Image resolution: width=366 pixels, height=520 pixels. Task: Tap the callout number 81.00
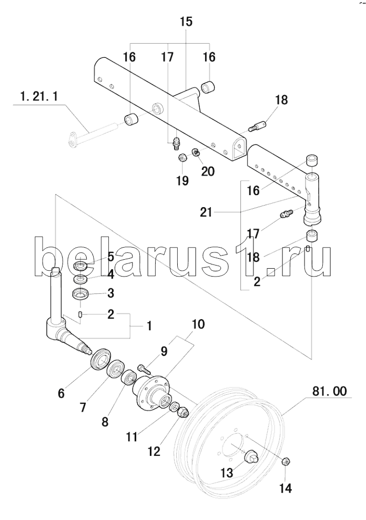click(329, 391)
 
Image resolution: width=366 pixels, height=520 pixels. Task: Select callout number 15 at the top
click(186, 22)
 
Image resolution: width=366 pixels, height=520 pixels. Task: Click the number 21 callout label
click(206, 212)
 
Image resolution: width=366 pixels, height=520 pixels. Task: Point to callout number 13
click(227, 473)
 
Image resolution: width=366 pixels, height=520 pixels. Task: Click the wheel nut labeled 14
click(287, 462)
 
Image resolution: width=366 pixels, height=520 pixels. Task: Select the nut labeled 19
click(183, 158)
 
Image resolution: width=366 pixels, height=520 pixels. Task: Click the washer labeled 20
click(196, 152)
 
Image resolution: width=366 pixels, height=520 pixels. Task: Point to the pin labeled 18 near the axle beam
click(257, 127)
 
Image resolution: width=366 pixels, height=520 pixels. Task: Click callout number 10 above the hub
click(198, 324)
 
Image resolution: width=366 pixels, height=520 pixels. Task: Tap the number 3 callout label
click(111, 293)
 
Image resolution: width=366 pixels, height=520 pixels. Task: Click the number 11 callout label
click(132, 437)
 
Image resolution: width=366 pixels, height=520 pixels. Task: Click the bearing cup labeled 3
click(80, 294)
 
